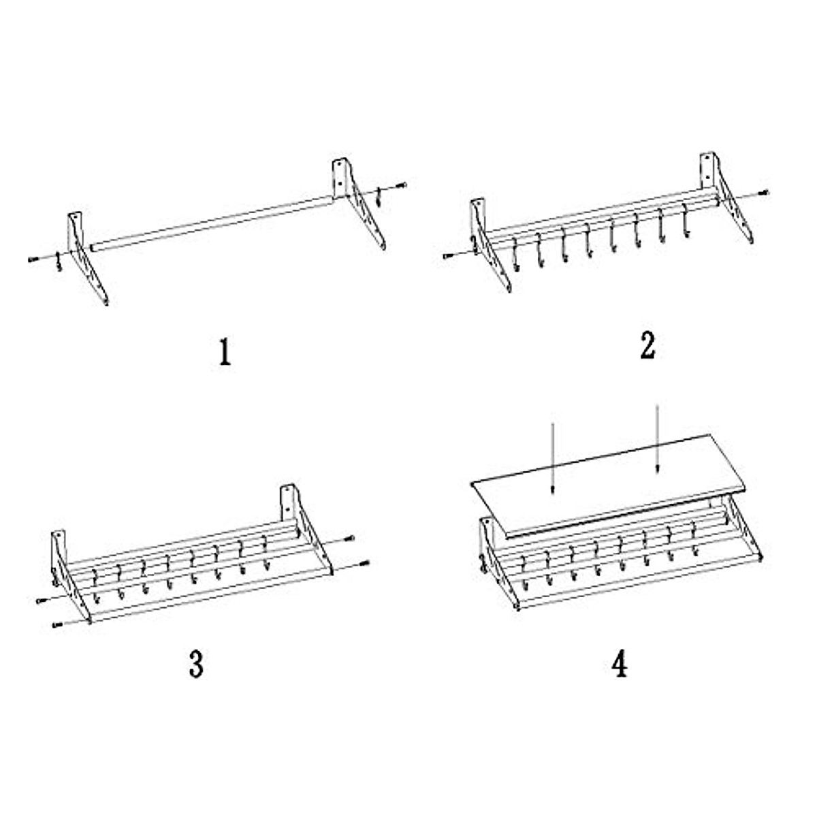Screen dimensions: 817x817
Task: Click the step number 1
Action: point(225,352)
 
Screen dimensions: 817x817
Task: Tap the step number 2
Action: point(647,346)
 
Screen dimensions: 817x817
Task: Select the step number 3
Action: point(196,664)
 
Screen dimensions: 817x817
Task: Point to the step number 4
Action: point(619,664)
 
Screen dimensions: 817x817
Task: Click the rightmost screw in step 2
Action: point(765,192)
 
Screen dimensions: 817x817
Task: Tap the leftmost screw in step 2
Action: point(447,256)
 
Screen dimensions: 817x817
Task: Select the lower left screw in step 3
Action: point(55,624)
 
